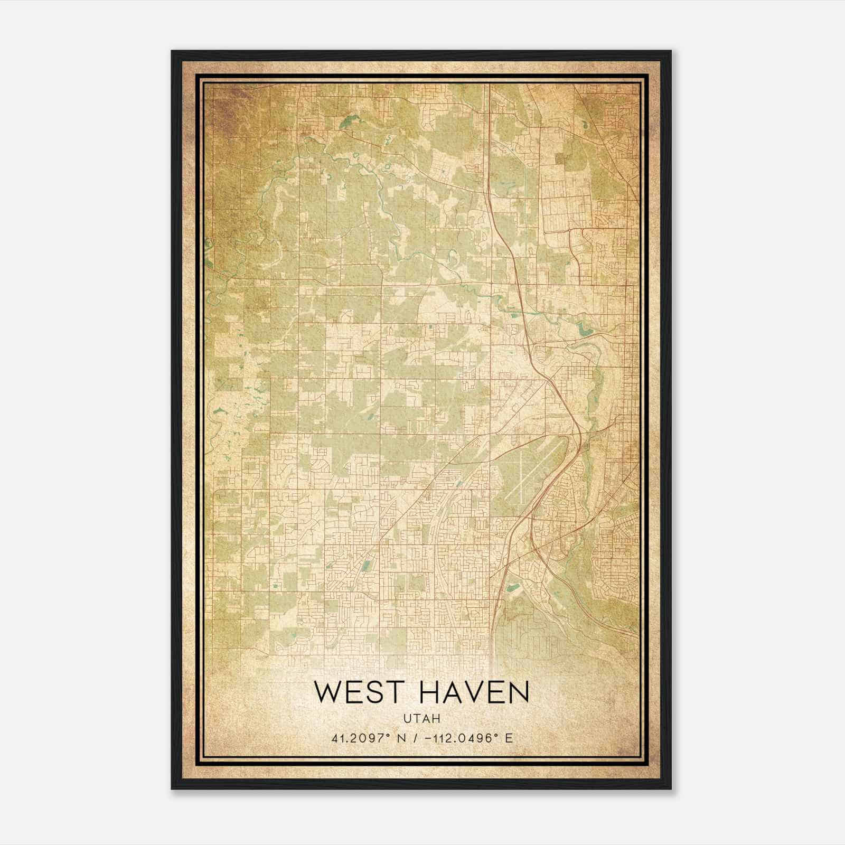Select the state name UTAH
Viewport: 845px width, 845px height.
(x=422, y=719)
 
